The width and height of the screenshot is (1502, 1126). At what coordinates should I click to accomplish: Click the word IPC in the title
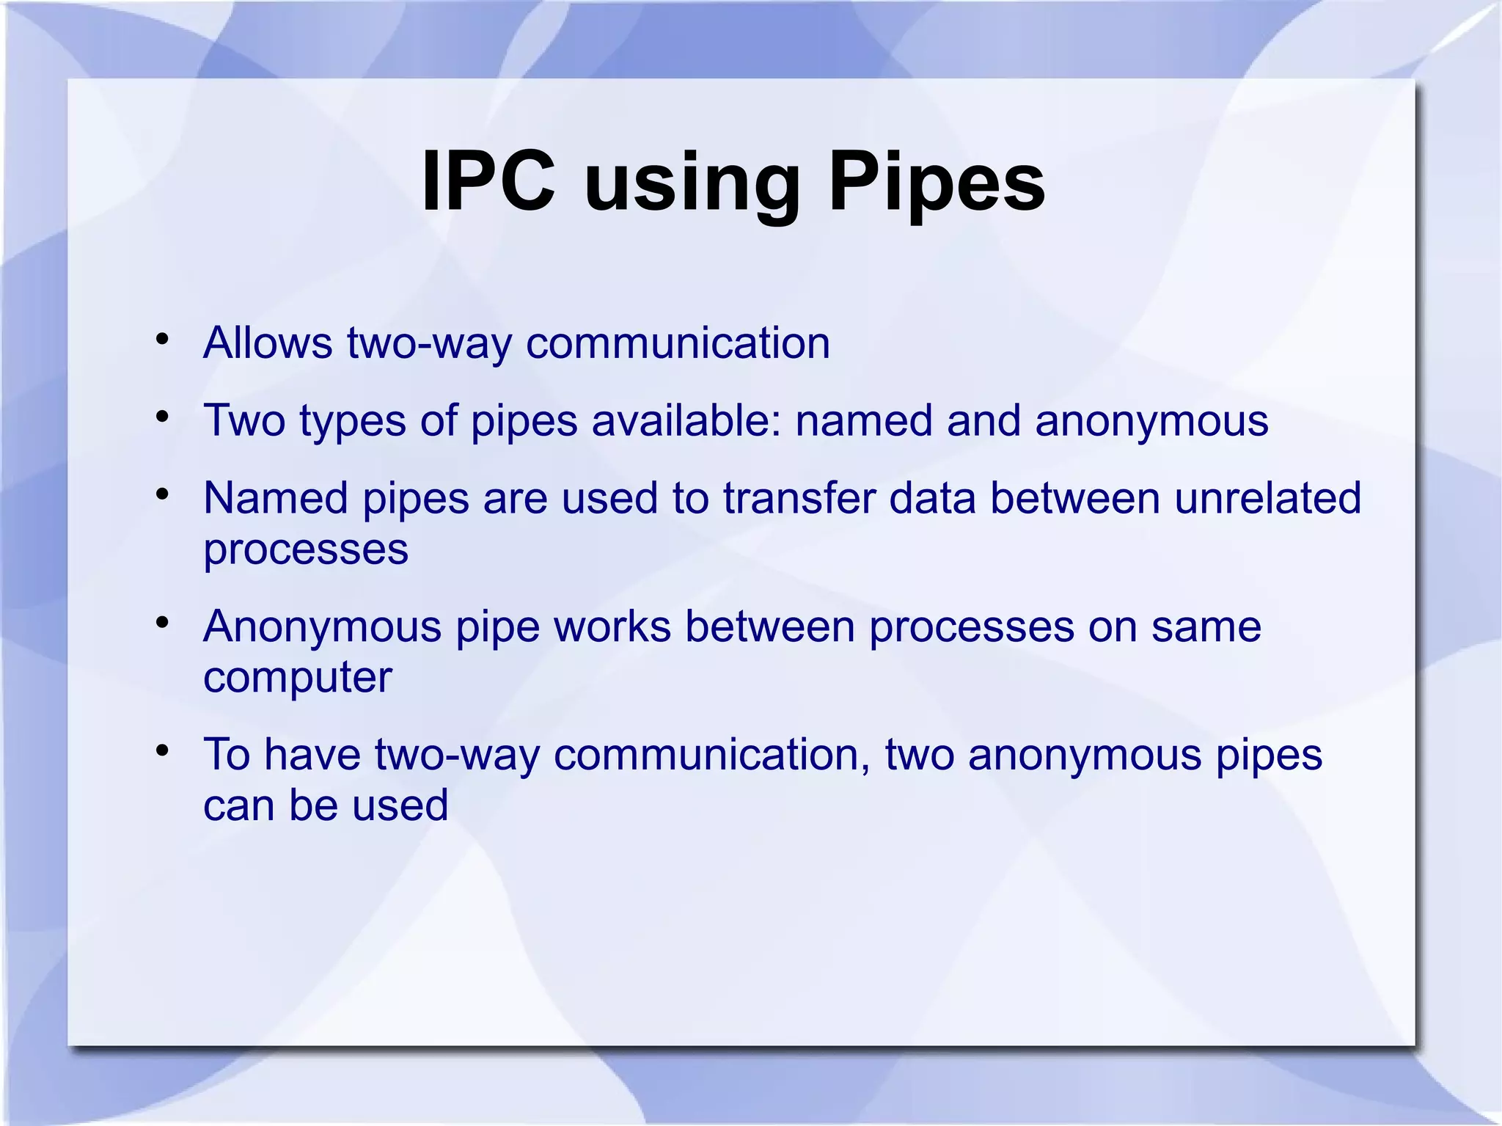click(488, 180)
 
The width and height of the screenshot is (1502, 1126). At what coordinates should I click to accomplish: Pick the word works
click(612, 627)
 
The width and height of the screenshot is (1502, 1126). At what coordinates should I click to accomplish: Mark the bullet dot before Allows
click(163, 340)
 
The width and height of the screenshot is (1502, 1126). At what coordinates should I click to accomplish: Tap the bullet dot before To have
click(163, 751)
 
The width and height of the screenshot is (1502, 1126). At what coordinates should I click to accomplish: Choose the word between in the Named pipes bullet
click(1075, 498)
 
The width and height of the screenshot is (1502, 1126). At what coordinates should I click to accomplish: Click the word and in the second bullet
click(983, 420)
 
